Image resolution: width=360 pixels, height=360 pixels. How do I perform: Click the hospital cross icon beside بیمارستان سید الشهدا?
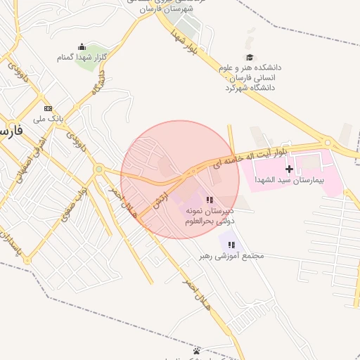[x=289, y=169]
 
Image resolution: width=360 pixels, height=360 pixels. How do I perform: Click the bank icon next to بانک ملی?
[x=48, y=108]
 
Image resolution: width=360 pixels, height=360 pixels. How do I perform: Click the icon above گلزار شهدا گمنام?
[x=82, y=46]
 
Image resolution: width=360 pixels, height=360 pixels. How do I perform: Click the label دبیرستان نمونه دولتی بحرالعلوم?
[x=209, y=215]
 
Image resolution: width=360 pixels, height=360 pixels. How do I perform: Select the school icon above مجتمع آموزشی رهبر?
[x=231, y=245]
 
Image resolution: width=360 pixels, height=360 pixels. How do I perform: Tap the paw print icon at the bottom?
[x=196, y=350]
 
